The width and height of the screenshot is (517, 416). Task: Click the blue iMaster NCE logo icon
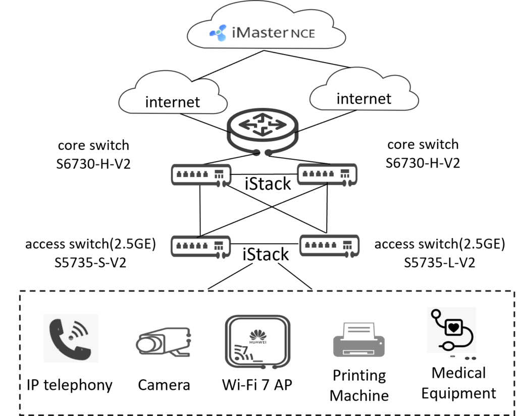point(218,33)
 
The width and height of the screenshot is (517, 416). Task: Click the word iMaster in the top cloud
point(257,33)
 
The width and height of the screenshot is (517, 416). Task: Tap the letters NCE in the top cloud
point(302,34)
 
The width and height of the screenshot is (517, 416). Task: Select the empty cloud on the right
point(364,91)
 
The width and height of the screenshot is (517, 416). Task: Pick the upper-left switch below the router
point(201,175)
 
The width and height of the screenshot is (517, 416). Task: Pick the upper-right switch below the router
point(327,174)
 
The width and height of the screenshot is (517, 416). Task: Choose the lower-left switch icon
point(201,247)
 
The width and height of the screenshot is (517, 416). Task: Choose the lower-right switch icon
point(330,246)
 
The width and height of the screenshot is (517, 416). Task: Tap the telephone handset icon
point(71,338)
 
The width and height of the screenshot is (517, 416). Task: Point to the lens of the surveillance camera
point(145,344)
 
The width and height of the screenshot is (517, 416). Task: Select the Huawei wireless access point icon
point(257,341)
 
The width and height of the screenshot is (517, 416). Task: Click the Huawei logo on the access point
point(257,335)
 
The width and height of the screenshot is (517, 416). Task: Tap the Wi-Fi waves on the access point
point(242,351)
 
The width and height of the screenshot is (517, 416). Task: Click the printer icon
point(359,340)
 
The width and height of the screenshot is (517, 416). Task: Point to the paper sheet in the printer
point(359,330)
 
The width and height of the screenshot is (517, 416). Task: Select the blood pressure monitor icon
point(451,330)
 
